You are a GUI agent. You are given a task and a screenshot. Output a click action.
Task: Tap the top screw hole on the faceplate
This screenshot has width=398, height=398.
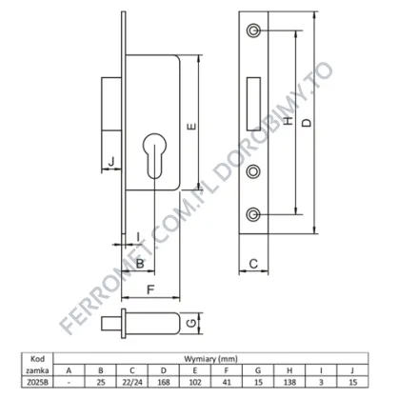pos(253,30)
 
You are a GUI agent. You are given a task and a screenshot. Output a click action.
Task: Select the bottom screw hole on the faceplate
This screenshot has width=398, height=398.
pos(253,214)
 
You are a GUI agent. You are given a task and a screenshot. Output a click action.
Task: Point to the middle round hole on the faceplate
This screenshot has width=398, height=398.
pos(253,171)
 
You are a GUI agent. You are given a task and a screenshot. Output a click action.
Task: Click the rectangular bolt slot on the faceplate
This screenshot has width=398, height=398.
pos(253,104)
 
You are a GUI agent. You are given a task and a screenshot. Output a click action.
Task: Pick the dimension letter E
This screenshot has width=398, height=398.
pos(191,127)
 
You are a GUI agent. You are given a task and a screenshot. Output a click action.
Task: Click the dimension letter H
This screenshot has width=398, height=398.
pos(288,121)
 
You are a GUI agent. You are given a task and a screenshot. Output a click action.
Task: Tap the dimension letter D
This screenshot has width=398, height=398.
pos(307,123)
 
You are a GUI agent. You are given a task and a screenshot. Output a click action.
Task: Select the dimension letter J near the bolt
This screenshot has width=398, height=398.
pos(111,162)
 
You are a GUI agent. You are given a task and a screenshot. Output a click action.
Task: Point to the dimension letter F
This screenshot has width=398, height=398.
pos(150,289)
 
